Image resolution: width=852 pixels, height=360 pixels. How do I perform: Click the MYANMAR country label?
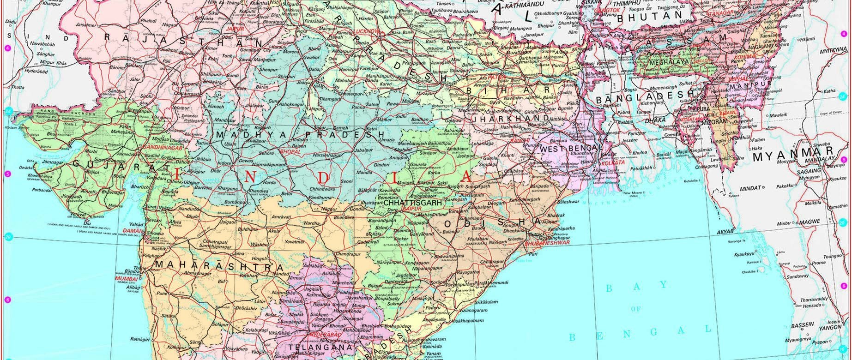pos(793,156)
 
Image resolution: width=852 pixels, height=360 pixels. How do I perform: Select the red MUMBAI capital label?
pos(127,279)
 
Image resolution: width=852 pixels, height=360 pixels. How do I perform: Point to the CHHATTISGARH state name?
pos(412,203)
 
